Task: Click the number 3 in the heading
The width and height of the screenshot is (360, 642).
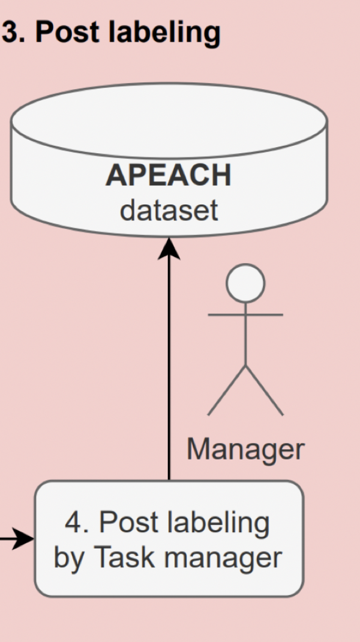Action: pyautogui.click(x=10, y=31)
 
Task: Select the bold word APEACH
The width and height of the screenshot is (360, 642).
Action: pyautogui.click(x=168, y=175)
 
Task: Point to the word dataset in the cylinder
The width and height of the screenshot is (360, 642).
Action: pyautogui.click(x=169, y=211)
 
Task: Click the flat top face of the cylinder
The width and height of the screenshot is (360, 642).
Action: pyautogui.click(x=169, y=121)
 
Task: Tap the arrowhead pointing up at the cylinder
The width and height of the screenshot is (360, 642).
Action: pyautogui.click(x=169, y=248)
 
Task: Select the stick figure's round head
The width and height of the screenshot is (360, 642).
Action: pyautogui.click(x=245, y=283)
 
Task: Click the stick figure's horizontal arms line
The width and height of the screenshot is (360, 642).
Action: pyautogui.click(x=245, y=314)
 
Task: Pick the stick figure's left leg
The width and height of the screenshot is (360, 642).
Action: pyautogui.click(x=226, y=390)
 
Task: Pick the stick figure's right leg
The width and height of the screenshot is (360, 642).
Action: pyautogui.click(x=265, y=390)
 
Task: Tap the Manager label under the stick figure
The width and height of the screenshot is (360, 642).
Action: pyautogui.click(x=245, y=450)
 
